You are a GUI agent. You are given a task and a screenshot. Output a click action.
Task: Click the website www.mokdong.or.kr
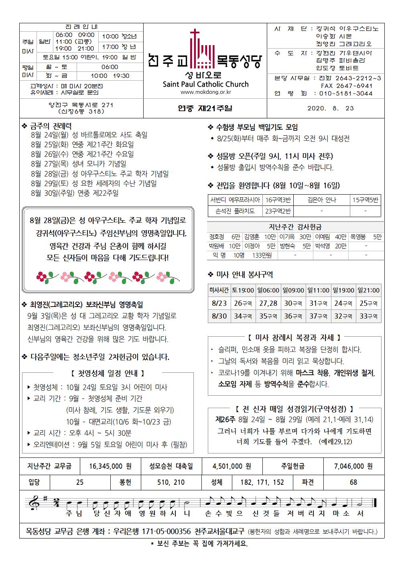(x=206, y=92)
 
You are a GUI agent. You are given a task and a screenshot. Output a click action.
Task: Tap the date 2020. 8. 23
(x=331, y=108)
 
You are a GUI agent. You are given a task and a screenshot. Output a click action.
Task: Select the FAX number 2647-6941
(x=347, y=86)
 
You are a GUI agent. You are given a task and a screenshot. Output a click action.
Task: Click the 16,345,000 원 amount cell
(x=110, y=466)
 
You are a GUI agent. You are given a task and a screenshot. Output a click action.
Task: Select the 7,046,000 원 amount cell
(x=353, y=466)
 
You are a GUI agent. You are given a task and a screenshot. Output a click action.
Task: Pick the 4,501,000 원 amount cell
(x=232, y=466)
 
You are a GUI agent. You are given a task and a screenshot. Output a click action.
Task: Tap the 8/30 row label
(x=219, y=316)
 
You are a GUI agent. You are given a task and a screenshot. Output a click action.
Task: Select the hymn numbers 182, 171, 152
(x=262, y=482)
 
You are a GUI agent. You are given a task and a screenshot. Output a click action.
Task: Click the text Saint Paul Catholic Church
(x=205, y=84)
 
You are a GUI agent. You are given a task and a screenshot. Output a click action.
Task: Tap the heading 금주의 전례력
(x=51, y=126)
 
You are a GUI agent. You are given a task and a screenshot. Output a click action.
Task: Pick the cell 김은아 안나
(x=321, y=200)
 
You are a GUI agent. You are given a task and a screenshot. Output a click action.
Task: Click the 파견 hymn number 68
(x=353, y=482)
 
